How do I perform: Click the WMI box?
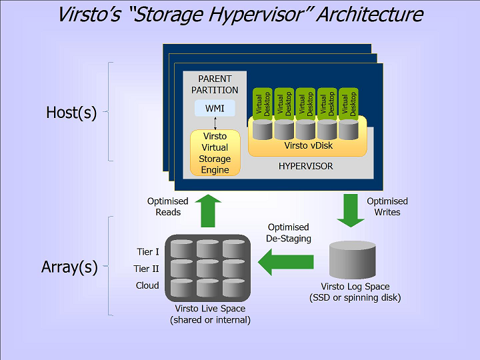click(215, 108)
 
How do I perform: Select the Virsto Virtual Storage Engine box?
click(215, 153)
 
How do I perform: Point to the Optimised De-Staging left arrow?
click(286, 260)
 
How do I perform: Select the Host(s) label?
click(71, 113)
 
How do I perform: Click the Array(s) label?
click(70, 267)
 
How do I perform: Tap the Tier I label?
click(147, 252)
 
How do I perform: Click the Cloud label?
click(147, 285)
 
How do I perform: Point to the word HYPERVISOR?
click(305, 166)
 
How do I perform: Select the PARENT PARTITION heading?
click(215, 85)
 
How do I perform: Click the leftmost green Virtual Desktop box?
click(263, 104)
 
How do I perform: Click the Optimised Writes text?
click(387, 207)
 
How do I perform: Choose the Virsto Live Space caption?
click(210, 314)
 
